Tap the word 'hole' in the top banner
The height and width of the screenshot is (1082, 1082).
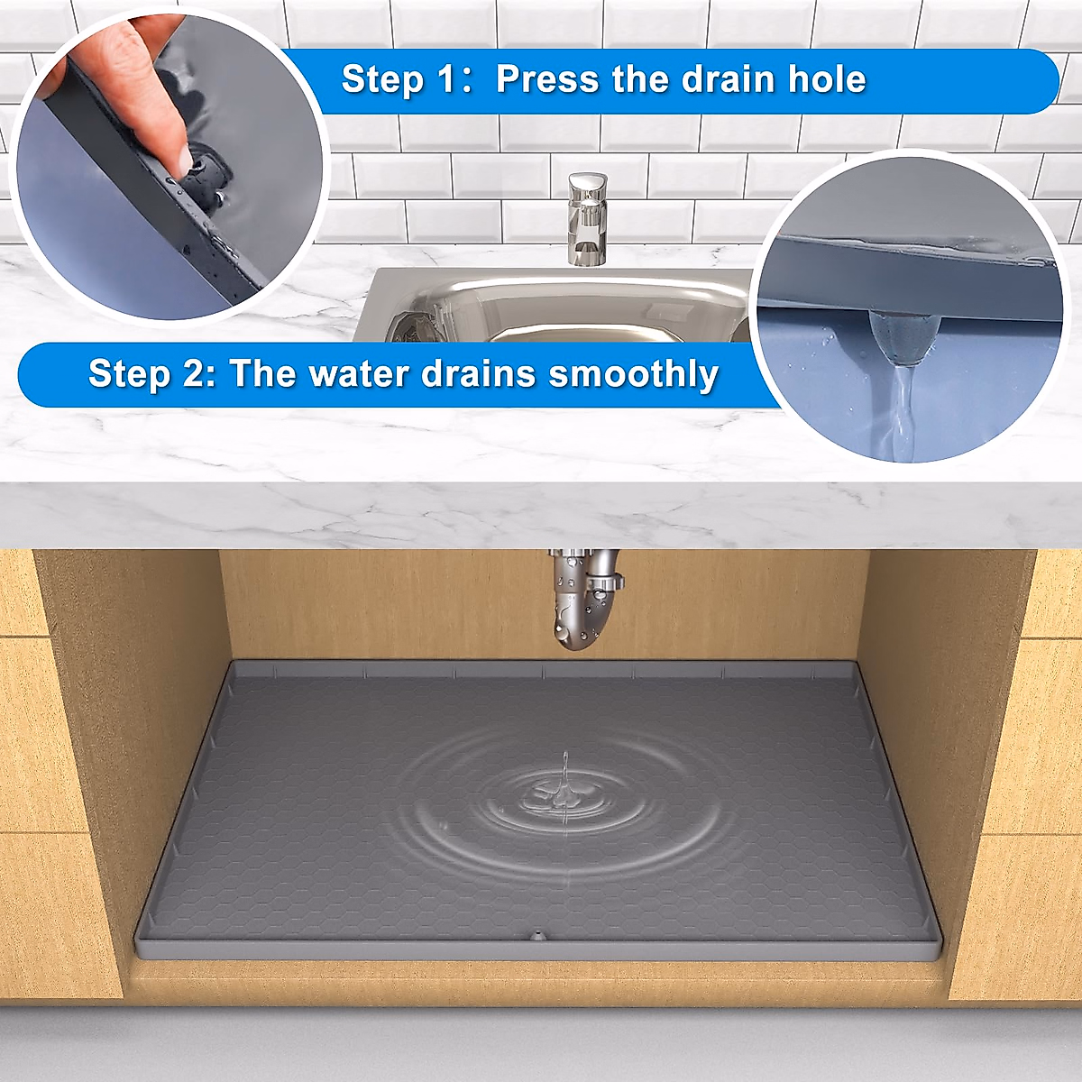pyautogui.click(x=827, y=79)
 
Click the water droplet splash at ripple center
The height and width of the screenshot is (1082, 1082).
pyautogui.click(x=562, y=793)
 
